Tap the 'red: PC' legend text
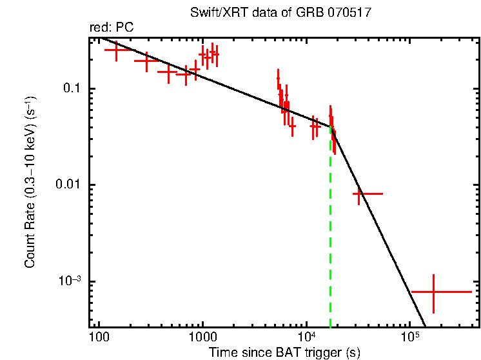point(111,28)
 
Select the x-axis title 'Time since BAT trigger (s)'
point(284,352)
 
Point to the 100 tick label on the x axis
point(99,337)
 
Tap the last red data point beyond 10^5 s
point(433,292)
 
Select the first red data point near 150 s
point(116,50)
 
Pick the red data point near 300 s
point(146,61)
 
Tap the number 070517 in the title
point(348,14)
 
